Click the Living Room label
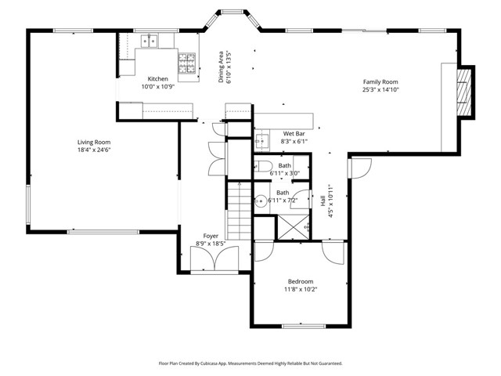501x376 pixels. pyautogui.click(x=94, y=143)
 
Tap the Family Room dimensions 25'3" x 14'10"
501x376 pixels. pyautogui.click(x=380, y=90)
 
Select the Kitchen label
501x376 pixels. pyautogui.click(x=158, y=78)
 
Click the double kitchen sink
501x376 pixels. pyautogui.click(x=150, y=42)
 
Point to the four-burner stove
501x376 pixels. pyautogui.click(x=186, y=63)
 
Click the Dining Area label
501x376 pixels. pyautogui.click(x=221, y=67)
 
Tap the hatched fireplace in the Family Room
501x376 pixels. pyautogui.click(x=464, y=92)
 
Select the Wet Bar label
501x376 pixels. pyautogui.click(x=294, y=134)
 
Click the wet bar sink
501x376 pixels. pyautogui.click(x=261, y=141)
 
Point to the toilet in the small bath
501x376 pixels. pyautogui.click(x=263, y=166)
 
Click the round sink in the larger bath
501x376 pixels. pyautogui.click(x=261, y=201)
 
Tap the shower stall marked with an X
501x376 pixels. pyautogui.click(x=294, y=227)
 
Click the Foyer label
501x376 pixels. pyautogui.click(x=211, y=236)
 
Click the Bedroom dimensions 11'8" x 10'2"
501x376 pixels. pyautogui.click(x=301, y=290)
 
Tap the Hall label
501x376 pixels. pyautogui.click(x=323, y=201)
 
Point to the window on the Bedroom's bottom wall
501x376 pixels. pyautogui.click(x=304, y=326)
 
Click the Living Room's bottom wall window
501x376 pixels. pyautogui.click(x=103, y=232)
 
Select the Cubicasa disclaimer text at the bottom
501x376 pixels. pyautogui.click(x=250, y=363)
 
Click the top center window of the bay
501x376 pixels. pyautogui.click(x=232, y=13)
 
